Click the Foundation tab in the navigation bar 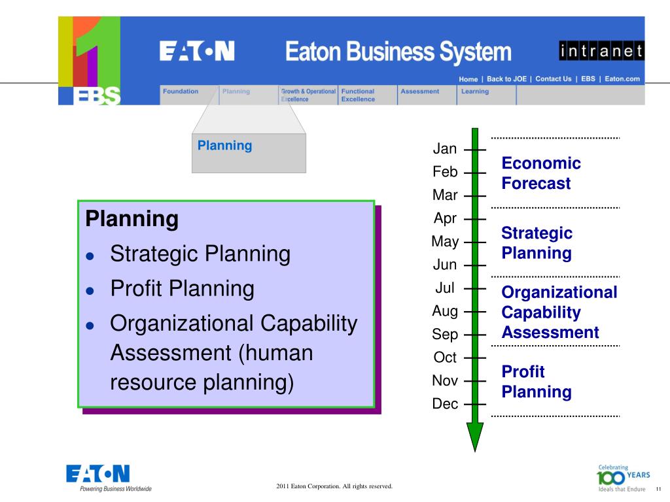(181, 92)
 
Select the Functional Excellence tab (358, 95)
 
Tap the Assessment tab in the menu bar (419, 92)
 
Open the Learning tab (475, 92)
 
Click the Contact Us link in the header (553, 79)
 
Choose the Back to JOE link (506, 79)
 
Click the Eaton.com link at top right (622, 79)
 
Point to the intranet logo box (601, 51)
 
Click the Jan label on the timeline (445, 149)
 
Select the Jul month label (445, 288)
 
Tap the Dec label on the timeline (445, 404)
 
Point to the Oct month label (445, 358)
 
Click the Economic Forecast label (541, 173)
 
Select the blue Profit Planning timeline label (537, 382)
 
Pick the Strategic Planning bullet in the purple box (200, 254)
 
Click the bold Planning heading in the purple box (132, 219)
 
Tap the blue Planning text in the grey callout (224, 146)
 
